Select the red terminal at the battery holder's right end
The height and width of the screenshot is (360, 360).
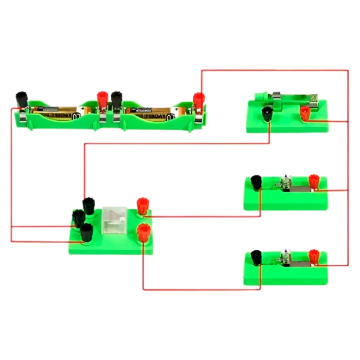tap(198, 101)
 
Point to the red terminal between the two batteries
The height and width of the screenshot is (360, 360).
tap(102, 100)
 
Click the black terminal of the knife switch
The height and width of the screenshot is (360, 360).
tap(266, 115)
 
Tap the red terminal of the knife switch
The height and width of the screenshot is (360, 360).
tap(305, 114)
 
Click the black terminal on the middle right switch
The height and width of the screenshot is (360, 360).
tap(256, 182)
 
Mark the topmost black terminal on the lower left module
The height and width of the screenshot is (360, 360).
tap(88, 204)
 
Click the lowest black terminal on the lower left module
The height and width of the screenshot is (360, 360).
tap(86, 232)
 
